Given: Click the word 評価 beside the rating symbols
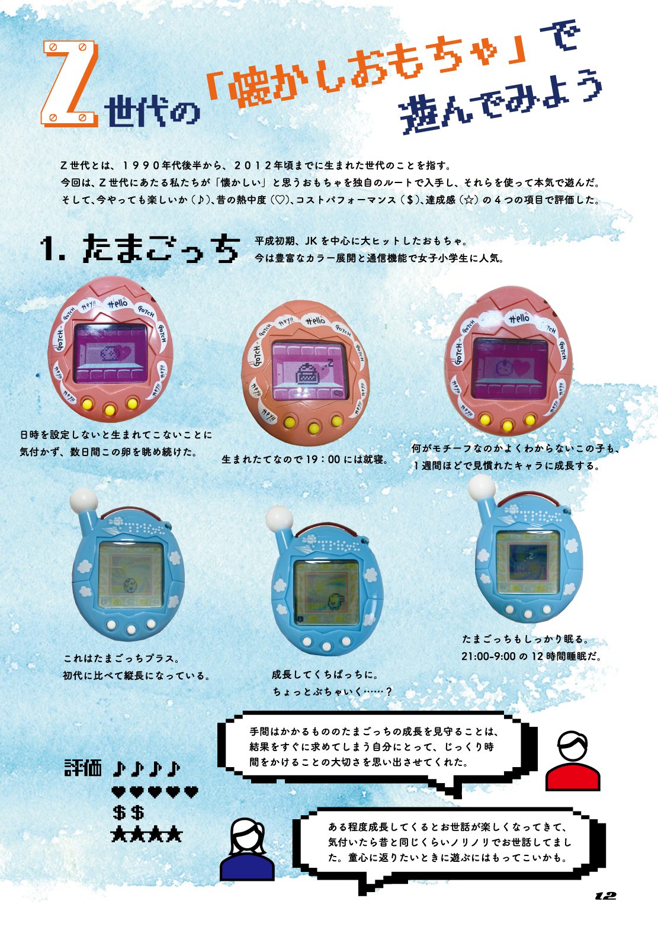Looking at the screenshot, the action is [83, 768].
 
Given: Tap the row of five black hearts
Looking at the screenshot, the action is [155, 792].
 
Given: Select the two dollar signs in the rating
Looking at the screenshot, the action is [129, 813].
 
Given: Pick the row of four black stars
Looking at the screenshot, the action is [147, 834].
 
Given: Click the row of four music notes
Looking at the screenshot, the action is [146, 768].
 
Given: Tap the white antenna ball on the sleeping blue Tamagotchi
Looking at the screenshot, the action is [482, 486].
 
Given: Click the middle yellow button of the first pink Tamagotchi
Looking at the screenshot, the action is [110, 410].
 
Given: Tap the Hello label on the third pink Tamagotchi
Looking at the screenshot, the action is [519, 318].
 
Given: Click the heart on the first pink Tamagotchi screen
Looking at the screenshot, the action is [123, 352].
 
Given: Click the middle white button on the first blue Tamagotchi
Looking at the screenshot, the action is [131, 630].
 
